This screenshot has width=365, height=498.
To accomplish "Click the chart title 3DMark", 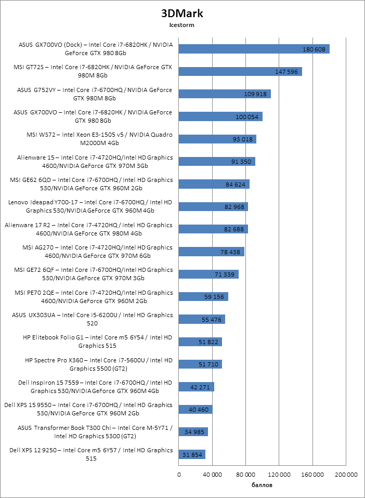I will pos(182,13).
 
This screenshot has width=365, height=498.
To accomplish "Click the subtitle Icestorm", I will pos(182,24).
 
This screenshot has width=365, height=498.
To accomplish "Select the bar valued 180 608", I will pos(254,49).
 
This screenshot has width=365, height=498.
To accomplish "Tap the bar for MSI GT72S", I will pos(240,71).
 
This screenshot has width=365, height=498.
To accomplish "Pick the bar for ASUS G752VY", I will pos(225,94).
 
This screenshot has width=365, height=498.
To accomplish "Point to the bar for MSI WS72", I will pos(217,139).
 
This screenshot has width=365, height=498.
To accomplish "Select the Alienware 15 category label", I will pos(88,162).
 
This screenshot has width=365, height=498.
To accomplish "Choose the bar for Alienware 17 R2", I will pos(213,229).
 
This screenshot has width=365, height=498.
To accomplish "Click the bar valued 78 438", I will pos(211,252).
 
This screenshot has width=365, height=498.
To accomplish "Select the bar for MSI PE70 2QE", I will pos(203,296).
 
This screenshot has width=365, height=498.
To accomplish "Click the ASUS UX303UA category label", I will pos(92,319).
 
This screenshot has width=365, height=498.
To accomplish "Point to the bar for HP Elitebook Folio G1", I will pos(200,342).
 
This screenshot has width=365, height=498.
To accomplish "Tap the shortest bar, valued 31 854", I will pos(192,454).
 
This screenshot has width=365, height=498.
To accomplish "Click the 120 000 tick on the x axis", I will pos(279,474).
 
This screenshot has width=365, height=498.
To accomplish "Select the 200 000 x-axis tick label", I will pos(346,474).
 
